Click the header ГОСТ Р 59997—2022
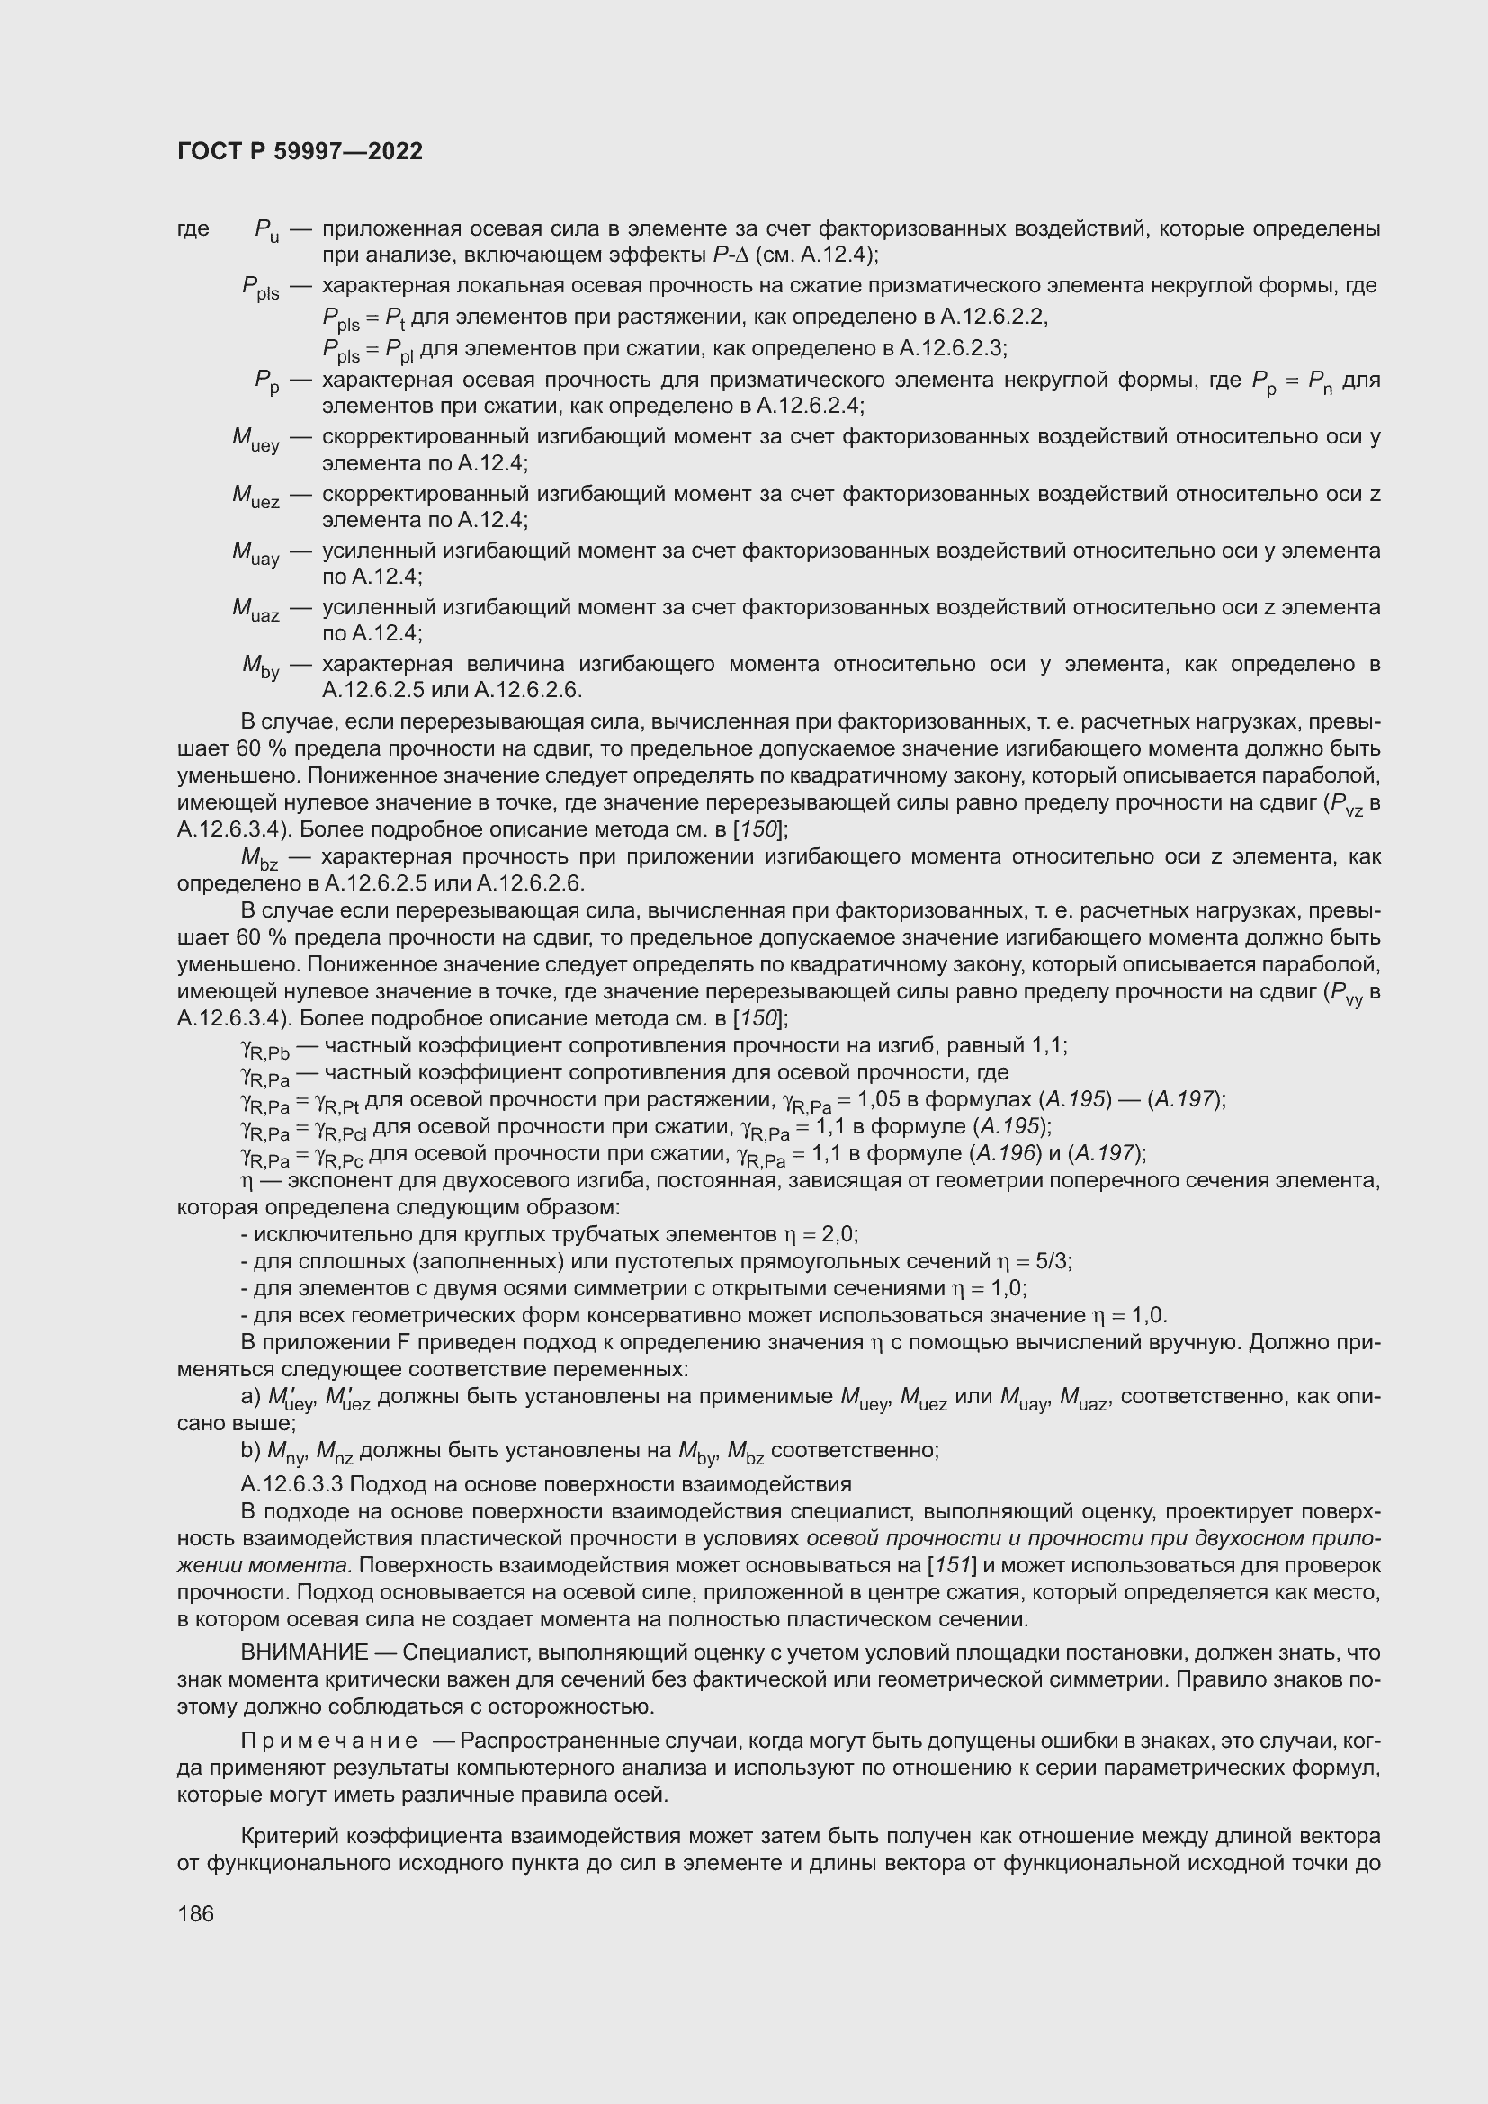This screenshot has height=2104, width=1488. [x=300, y=151]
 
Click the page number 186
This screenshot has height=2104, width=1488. [x=195, y=1913]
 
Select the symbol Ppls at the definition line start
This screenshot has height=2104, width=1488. [x=260, y=289]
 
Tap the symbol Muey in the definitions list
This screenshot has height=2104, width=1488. [x=255, y=441]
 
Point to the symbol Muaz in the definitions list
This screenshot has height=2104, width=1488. [x=255, y=609]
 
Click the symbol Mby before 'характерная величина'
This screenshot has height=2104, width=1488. [x=260, y=667]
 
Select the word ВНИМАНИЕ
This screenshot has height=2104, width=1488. [x=304, y=1652]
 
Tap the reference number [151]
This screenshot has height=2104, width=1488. [x=953, y=1565]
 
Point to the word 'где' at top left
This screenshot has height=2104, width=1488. [x=193, y=228]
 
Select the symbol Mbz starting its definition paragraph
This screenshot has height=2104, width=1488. [x=259, y=860]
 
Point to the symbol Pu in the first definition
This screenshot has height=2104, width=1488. [x=266, y=231]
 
